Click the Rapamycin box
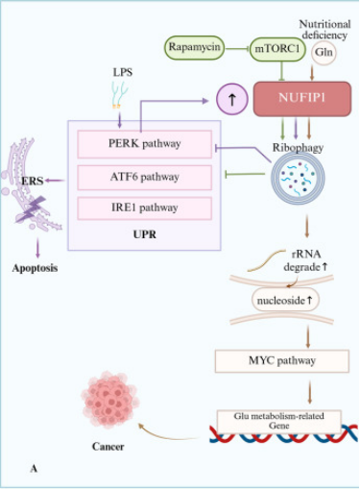pyautogui.click(x=194, y=47)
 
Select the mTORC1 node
pyautogui.click(x=277, y=49)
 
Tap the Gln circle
pyautogui.click(x=324, y=52)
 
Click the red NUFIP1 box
pyautogui.click(x=302, y=99)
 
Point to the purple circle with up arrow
pyautogui.click(x=232, y=99)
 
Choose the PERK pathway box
pyautogui.click(x=144, y=144)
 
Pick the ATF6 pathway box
pyautogui.click(x=144, y=178)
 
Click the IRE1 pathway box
pyautogui.click(x=144, y=208)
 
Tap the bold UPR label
pyautogui.click(x=145, y=234)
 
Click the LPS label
pyautogui.click(x=123, y=72)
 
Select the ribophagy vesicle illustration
pyautogui.click(x=298, y=178)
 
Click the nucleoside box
pyautogui.click(x=285, y=300)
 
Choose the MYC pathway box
pyautogui.click(x=282, y=361)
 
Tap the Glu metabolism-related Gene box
pyautogui.click(x=278, y=422)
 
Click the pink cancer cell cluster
pyautogui.click(x=110, y=400)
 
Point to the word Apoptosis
pyautogui.click(x=35, y=268)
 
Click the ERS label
pyautogui.click(x=33, y=181)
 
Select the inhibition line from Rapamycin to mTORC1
pyautogui.click(x=237, y=49)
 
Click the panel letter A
pyautogui.click(x=34, y=469)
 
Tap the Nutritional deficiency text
pyautogui.click(x=324, y=30)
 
